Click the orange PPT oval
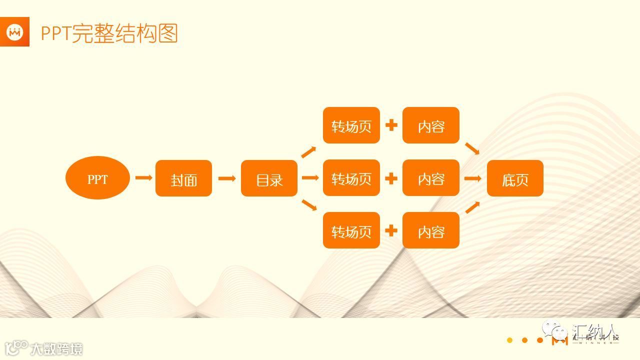coord(97,178)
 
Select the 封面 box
coord(183,178)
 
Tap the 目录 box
coord(269,178)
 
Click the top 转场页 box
coord(351,125)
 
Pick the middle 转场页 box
coord(351,178)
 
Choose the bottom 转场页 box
coord(351,230)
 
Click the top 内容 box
coord(430,125)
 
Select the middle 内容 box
coord(430,178)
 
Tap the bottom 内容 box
coord(430,230)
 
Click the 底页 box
coord(514,178)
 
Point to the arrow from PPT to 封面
coord(143,178)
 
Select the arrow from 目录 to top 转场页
coord(308,152)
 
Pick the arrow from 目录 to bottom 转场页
coord(309,205)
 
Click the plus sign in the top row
coord(391,125)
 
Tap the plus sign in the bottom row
coord(391,230)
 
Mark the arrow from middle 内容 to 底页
coord(473,178)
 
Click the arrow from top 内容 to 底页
coord(472,148)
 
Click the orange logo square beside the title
coord(14,31)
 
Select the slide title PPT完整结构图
coord(109,33)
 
